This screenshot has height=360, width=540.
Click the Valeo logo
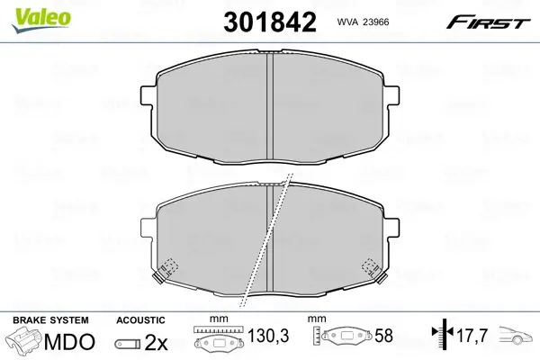41,20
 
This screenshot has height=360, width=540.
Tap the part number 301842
270,22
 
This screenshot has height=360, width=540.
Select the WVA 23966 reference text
363,22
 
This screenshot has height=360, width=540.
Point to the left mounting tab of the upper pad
147,94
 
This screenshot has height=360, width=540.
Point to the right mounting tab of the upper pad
393,95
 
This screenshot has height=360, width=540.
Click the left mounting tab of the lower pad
147,227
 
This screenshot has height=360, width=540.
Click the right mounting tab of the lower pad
393,228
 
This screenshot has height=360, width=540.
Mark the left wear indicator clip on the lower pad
166,270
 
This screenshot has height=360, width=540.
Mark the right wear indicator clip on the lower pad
373,270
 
